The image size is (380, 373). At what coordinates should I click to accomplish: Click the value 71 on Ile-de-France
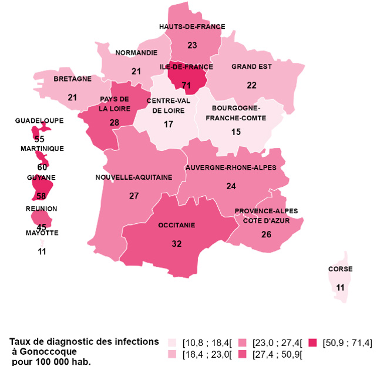[x=187, y=85]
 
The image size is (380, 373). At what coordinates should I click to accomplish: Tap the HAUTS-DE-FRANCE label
[x=192, y=26]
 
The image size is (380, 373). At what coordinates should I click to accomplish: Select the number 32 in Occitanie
[x=177, y=244]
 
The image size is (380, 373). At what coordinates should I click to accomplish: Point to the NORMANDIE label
[x=136, y=53]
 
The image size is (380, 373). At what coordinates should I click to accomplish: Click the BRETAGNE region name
[x=72, y=78]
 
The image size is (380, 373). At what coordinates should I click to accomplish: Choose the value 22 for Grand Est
[x=251, y=85]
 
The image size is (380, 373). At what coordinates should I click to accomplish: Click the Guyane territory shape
[x=41, y=189]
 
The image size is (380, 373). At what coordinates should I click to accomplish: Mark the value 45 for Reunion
[x=42, y=227]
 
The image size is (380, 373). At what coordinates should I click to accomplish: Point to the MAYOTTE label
[x=42, y=233]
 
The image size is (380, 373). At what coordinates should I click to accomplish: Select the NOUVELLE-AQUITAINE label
[x=134, y=177]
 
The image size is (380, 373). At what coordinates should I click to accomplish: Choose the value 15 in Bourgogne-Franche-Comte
[x=236, y=132]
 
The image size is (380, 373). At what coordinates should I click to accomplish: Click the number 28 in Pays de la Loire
[x=114, y=122]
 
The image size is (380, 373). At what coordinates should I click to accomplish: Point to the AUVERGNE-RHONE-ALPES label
[x=231, y=167]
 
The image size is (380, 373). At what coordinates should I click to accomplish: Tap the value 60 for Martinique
[x=42, y=167]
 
